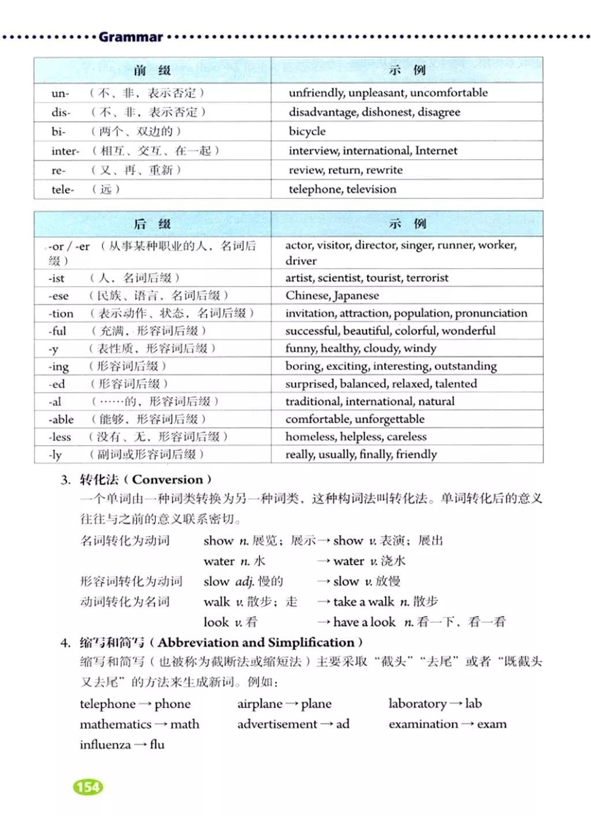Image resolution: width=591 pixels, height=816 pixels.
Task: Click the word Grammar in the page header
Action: (130, 37)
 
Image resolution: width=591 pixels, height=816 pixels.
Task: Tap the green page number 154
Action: (88, 787)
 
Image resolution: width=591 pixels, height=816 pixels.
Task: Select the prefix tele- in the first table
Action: (62, 189)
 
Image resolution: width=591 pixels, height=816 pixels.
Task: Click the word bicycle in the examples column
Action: (307, 131)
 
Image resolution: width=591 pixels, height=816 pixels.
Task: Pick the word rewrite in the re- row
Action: (381, 170)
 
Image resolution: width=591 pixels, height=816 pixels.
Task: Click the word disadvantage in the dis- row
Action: (323, 112)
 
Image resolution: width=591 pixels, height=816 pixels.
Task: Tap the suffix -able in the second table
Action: (61, 419)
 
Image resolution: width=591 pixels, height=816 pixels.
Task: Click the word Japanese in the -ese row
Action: (356, 296)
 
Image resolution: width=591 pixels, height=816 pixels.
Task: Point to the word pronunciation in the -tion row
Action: (491, 313)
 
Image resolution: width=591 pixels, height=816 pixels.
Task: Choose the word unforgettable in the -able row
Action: (390, 419)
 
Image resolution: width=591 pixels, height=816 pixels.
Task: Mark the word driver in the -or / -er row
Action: (301, 261)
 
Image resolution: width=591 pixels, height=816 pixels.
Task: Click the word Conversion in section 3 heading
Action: (167, 479)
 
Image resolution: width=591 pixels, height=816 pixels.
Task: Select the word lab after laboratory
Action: (473, 704)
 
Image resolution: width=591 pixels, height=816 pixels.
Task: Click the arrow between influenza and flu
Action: (140, 745)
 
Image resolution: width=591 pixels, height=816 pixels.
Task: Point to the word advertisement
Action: (277, 724)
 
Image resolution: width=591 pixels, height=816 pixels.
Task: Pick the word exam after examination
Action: (492, 724)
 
